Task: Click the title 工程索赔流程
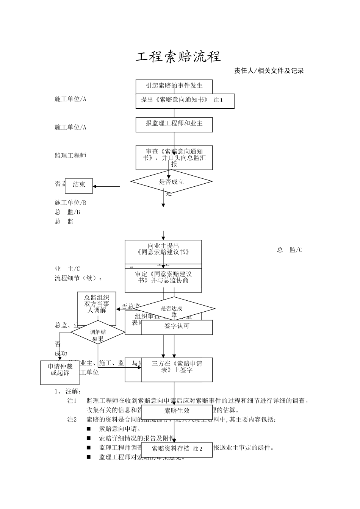click(178, 57)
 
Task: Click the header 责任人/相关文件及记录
click(269, 71)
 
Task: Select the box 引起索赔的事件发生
click(174, 86)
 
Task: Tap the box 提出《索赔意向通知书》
click(185, 101)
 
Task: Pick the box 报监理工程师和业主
click(174, 124)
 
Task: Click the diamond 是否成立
click(171, 181)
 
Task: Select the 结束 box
click(79, 184)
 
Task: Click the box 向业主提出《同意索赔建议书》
click(163, 249)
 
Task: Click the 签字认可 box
click(177, 326)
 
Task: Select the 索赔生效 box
click(177, 411)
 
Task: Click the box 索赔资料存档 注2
click(177, 449)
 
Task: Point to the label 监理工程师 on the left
click(70, 156)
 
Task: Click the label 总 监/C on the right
click(290, 250)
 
